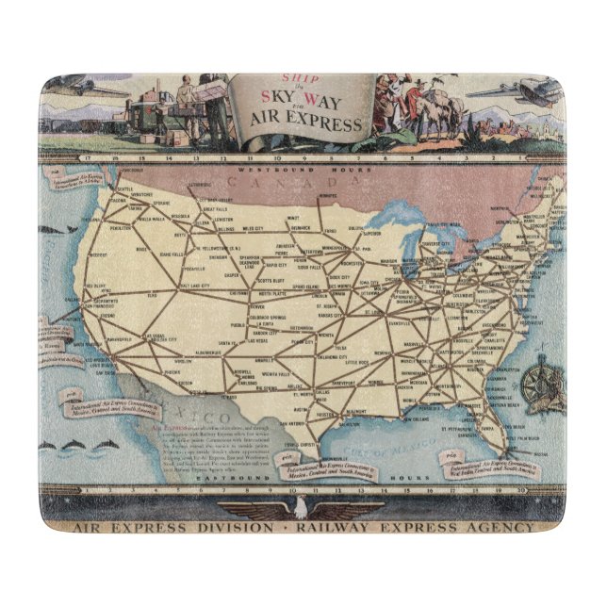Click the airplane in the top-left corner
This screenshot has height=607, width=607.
(89, 90)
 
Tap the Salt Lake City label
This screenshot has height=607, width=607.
(190, 285)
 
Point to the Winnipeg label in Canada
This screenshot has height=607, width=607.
(328, 196)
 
